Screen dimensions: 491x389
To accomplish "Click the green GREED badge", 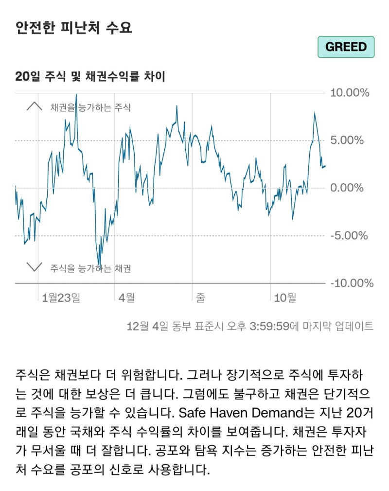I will [x=346, y=47].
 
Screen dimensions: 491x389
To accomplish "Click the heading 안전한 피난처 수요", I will [x=73, y=27].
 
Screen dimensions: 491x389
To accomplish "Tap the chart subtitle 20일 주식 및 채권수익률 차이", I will [x=90, y=76].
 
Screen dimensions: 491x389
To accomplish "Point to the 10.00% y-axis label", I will [x=350, y=93].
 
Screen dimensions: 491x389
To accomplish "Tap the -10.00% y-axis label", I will [x=352, y=283].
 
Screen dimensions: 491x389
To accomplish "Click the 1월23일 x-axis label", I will [x=61, y=298].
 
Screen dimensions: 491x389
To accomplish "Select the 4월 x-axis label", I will [x=127, y=298].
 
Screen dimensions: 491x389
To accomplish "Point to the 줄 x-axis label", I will [x=200, y=298].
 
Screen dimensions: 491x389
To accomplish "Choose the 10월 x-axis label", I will [x=285, y=298].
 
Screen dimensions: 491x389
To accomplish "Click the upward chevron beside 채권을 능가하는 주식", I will [x=34, y=107].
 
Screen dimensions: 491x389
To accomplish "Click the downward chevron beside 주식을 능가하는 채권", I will [x=34, y=267].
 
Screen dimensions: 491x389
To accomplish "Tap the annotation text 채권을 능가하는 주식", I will [x=90, y=107].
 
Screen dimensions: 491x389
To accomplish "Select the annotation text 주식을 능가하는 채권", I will [x=90, y=268].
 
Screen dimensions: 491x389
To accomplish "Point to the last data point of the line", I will [x=325, y=166].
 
